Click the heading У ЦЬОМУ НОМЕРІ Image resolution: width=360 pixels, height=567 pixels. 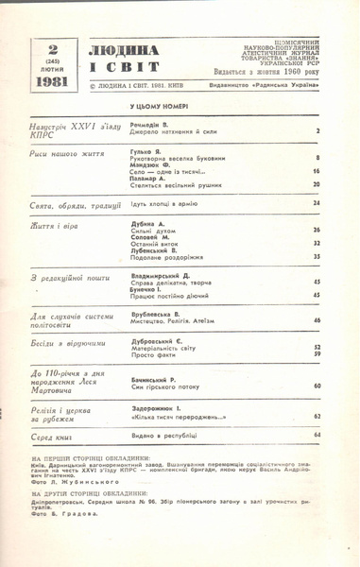click(x=162, y=109)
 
